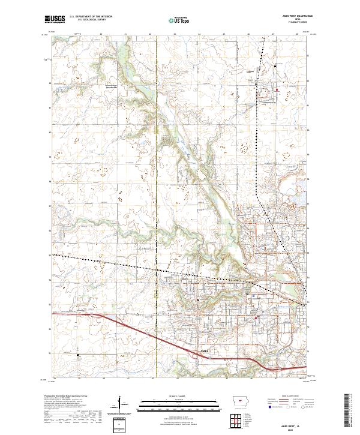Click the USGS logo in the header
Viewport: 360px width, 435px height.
tap(55, 20)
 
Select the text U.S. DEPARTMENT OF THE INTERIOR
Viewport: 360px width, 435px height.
tap(91, 16)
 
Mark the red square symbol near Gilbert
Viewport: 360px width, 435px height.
tap(277, 90)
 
